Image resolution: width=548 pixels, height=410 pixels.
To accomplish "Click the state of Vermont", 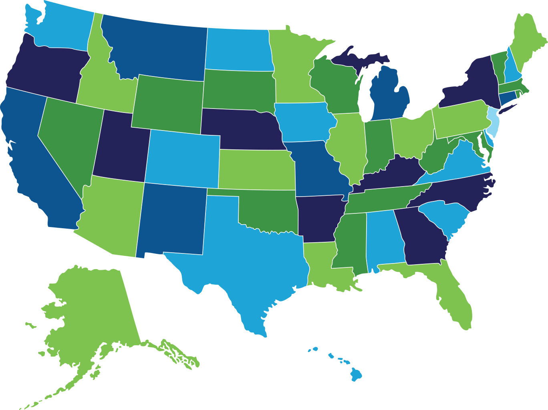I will (499, 64).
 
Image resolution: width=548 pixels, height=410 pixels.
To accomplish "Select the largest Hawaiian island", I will (356, 375).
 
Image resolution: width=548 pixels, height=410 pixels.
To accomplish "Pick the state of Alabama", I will (385, 240).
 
